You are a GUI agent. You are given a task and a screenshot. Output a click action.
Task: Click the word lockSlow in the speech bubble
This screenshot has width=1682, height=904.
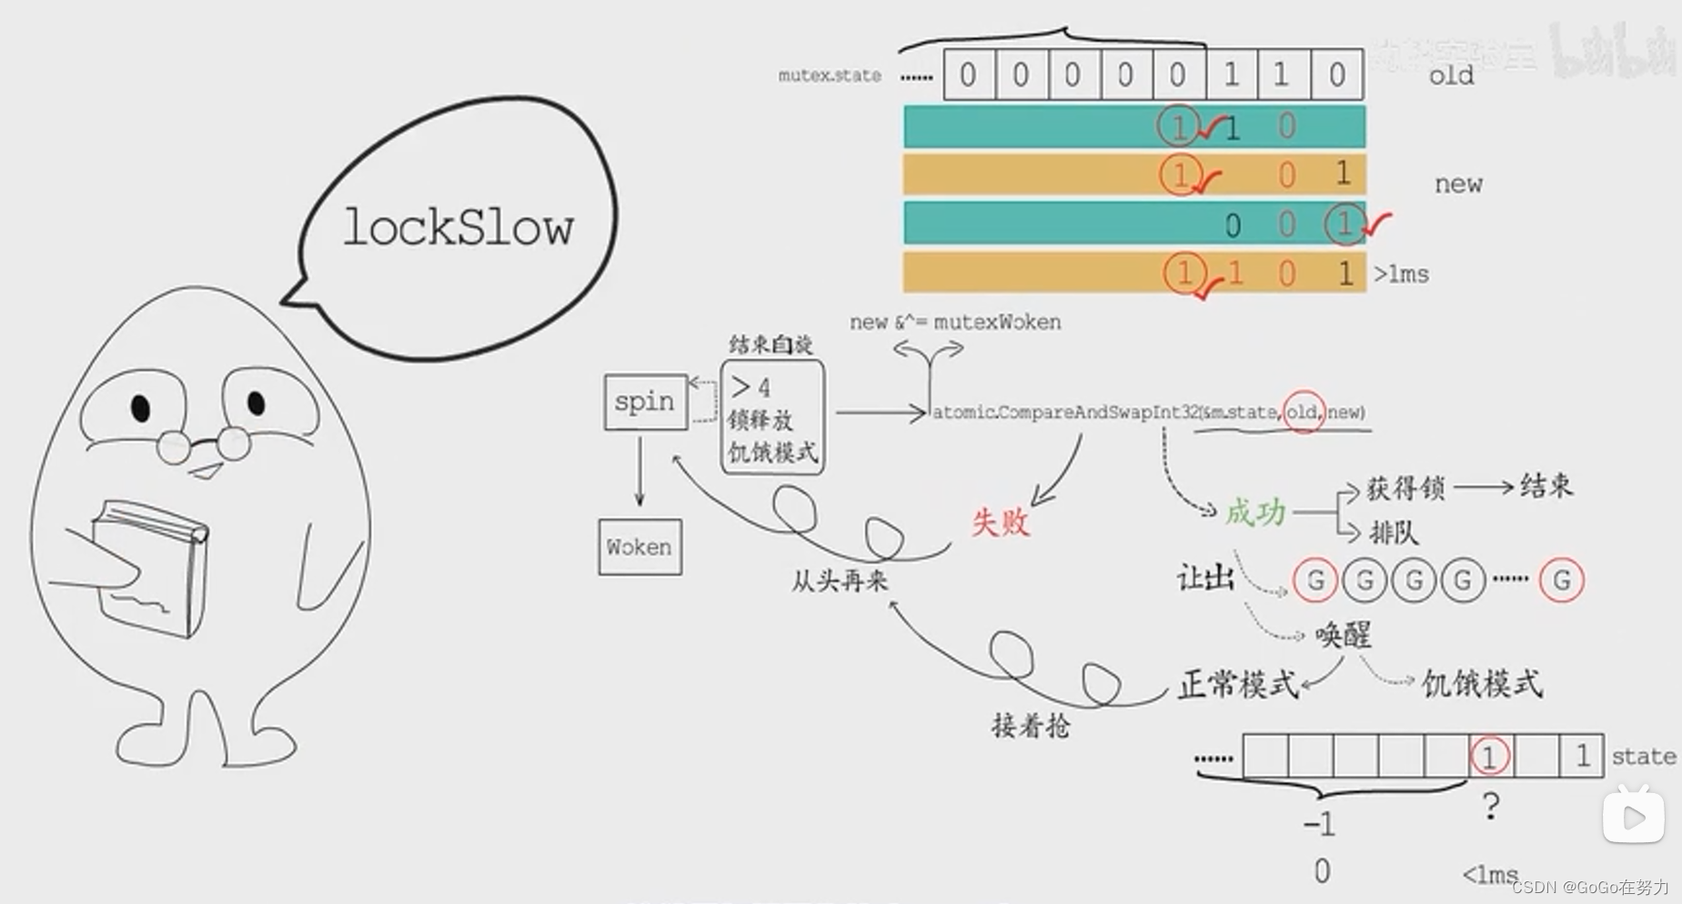[x=458, y=227]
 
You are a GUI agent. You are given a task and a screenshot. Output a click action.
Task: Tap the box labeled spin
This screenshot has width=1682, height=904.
[x=645, y=401]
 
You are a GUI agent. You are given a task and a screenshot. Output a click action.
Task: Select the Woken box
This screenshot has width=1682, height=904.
[x=640, y=547]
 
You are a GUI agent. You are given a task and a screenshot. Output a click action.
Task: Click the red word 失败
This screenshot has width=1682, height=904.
[x=1000, y=522]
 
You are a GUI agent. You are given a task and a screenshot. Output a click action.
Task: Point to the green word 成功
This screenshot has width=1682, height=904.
[x=1255, y=512]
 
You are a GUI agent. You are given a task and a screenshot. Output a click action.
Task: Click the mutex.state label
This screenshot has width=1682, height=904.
[x=830, y=75]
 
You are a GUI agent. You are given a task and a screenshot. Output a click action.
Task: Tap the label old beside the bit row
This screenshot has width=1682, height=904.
[x=1451, y=75]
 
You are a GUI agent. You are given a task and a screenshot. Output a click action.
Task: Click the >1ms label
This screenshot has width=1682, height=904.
[x=1401, y=274]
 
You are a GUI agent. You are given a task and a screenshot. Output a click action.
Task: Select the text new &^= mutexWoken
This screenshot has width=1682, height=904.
[x=955, y=322]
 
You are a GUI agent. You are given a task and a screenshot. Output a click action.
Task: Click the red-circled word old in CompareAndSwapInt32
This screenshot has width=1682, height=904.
[x=1302, y=412]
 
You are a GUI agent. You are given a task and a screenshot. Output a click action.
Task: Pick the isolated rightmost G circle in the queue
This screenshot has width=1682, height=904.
[x=1562, y=579]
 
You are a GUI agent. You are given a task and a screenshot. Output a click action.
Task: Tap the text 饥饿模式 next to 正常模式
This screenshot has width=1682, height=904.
[x=1482, y=683]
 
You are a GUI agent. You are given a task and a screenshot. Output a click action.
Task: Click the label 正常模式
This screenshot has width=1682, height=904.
[x=1238, y=684]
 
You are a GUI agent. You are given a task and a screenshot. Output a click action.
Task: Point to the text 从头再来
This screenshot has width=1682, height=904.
[x=839, y=580]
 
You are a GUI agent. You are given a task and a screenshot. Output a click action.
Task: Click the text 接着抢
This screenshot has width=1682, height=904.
[x=1031, y=726]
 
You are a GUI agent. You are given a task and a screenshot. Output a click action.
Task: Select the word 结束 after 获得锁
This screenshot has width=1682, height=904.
[x=1546, y=486]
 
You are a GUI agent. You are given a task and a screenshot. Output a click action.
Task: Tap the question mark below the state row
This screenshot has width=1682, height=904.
[x=1490, y=806]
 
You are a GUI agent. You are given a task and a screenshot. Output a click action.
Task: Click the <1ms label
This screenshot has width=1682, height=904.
[x=1489, y=875]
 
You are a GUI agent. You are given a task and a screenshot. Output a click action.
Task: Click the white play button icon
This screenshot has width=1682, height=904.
[x=1634, y=816]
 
